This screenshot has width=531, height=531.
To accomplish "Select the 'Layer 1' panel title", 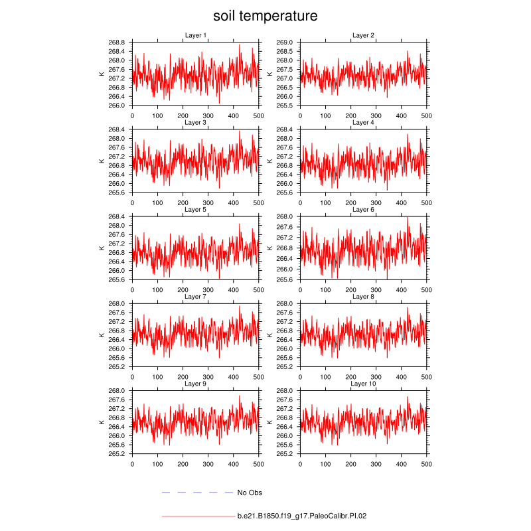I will tap(195, 35).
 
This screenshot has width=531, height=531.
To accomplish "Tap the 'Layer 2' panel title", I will tap(363, 35).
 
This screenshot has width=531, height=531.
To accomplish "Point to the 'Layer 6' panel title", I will tap(363, 210).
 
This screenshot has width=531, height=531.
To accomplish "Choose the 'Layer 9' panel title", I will tap(195, 384).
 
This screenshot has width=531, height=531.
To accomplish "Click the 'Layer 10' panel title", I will tap(363, 384).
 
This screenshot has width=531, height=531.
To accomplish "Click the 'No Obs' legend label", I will tap(250, 493).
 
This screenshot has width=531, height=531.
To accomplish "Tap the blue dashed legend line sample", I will tap(197, 493).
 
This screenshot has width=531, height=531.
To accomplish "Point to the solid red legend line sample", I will tap(197, 515).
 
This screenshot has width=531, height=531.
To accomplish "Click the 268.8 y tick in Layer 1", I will tap(117, 42).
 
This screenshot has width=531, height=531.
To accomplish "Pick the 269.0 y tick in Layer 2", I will tap(285, 42).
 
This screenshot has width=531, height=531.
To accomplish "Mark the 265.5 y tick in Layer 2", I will tap(285, 105).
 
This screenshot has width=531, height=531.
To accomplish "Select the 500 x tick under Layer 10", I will tap(427, 463).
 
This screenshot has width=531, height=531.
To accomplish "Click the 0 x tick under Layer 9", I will tap(132, 463).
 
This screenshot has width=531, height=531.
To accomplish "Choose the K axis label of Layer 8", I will tap(269, 335).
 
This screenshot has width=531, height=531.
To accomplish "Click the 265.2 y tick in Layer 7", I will tap(117, 366).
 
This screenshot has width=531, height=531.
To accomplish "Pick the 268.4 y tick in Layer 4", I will tap(285, 129).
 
